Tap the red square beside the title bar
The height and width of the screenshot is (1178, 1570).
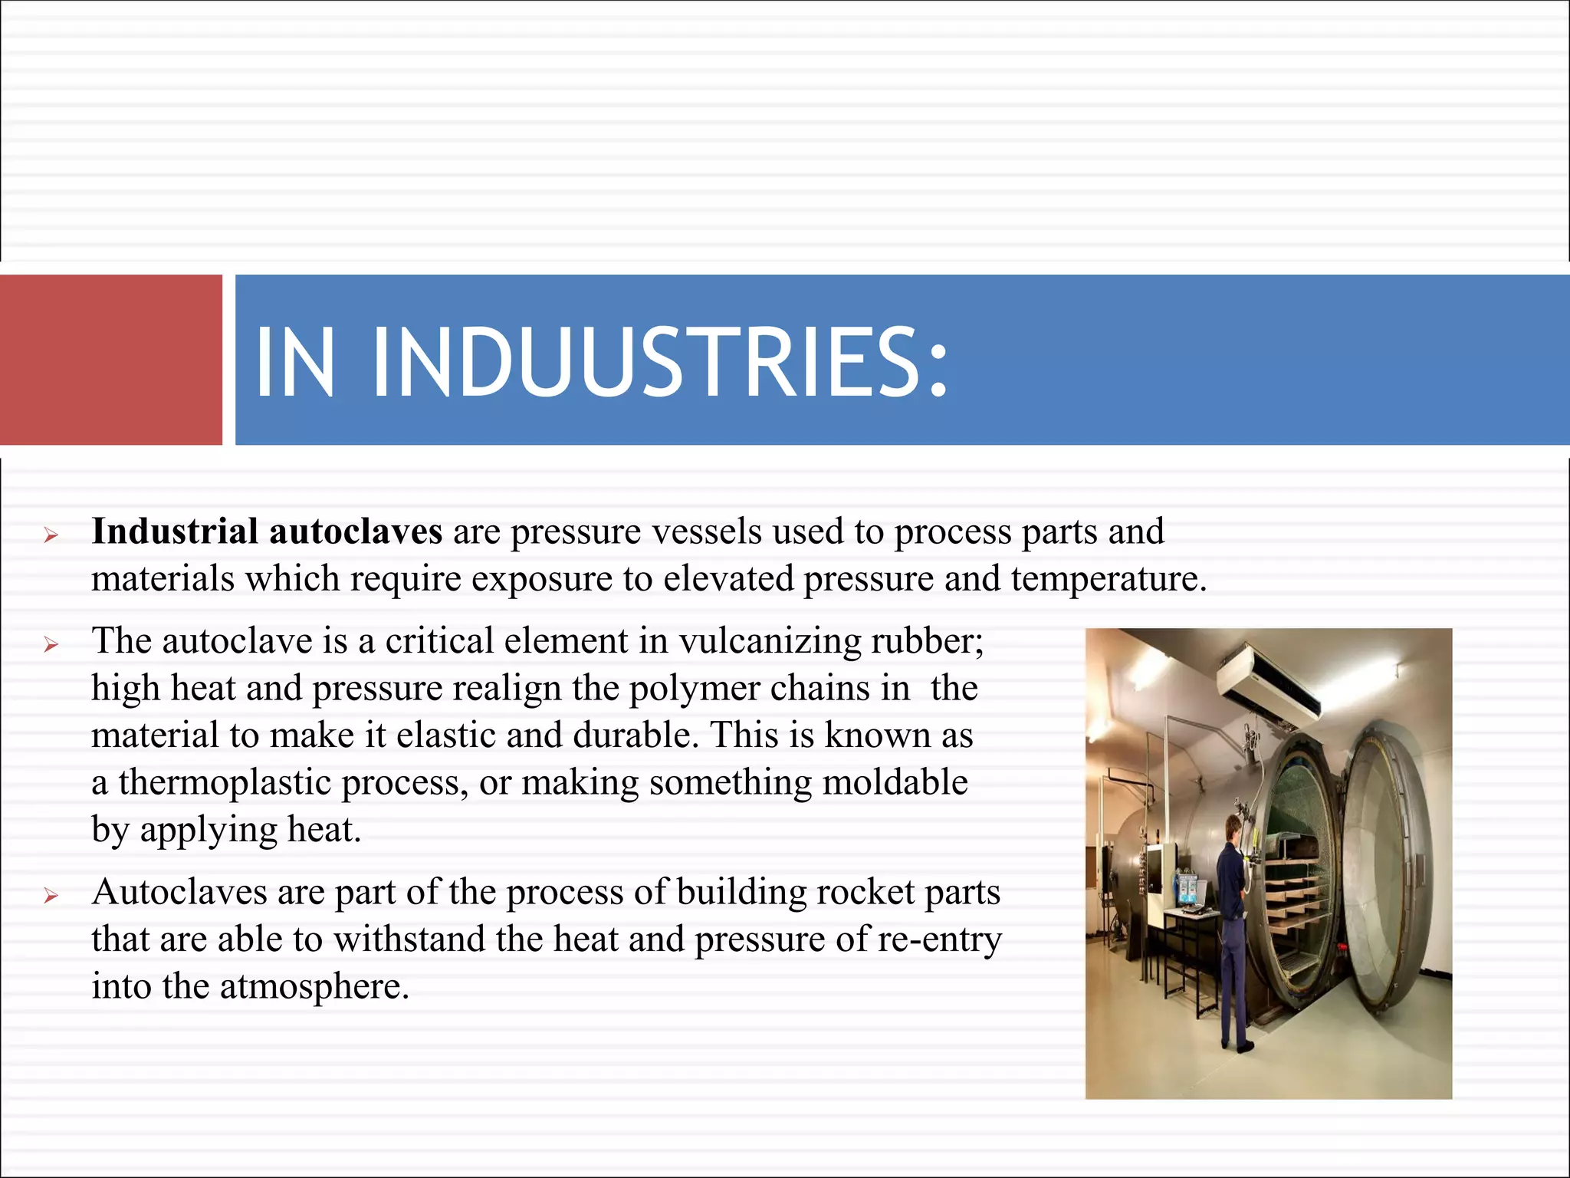[110, 360]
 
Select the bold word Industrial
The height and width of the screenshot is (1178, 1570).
[175, 531]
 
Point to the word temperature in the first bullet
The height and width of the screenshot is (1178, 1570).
[1108, 579]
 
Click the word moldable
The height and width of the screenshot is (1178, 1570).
[895, 783]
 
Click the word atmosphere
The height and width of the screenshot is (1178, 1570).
[314, 987]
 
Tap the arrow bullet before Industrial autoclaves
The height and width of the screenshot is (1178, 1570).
[51, 535]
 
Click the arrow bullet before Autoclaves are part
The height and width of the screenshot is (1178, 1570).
[51, 896]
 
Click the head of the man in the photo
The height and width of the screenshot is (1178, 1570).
[1233, 827]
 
